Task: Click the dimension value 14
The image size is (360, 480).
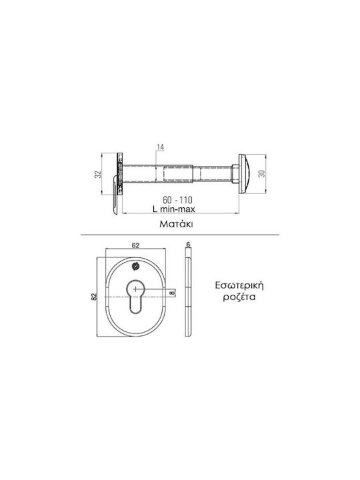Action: [161, 147]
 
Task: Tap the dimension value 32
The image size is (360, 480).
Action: [97, 175]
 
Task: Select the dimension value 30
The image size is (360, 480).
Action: [261, 174]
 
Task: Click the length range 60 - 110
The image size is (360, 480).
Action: [177, 200]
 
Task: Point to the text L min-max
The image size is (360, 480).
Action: [174, 209]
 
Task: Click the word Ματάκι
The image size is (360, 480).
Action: [176, 224]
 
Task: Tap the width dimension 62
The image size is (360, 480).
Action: [135, 245]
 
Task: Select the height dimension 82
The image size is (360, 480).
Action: [94, 297]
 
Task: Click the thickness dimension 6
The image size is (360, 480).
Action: [188, 244]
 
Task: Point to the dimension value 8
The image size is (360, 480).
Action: [172, 293]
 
